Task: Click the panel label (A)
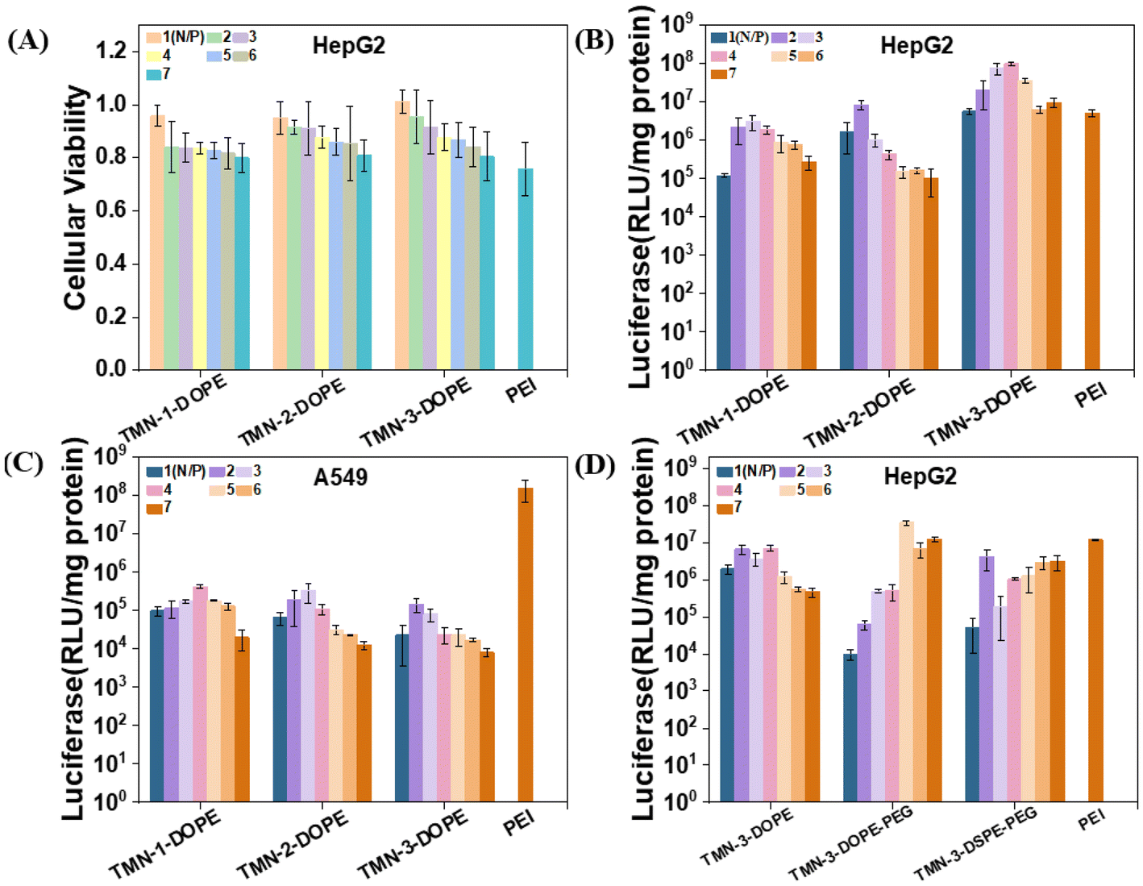click(28, 40)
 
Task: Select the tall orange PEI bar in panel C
click(525, 644)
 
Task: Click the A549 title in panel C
click(340, 477)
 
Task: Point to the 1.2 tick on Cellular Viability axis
click(111, 51)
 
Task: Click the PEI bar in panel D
click(1095, 670)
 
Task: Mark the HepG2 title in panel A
click(348, 45)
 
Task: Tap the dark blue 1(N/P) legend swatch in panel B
click(719, 37)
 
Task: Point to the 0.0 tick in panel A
click(111, 368)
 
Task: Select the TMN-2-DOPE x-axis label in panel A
click(292, 411)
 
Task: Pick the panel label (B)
click(595, 40)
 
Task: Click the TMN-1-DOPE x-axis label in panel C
click(165, 843)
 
